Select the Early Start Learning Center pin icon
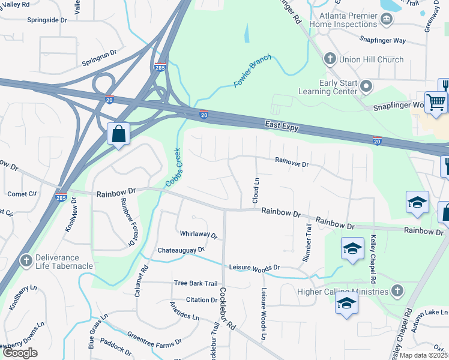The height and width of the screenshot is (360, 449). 366,88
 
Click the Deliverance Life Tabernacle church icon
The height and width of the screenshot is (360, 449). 25,261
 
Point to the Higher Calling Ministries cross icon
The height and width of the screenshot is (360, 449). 396,292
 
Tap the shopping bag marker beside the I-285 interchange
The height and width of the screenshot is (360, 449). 118,134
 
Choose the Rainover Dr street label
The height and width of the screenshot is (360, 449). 292,163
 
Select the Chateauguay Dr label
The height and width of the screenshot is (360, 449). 181,249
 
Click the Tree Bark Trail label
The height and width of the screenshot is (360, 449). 195,283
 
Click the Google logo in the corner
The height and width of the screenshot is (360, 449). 20,353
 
